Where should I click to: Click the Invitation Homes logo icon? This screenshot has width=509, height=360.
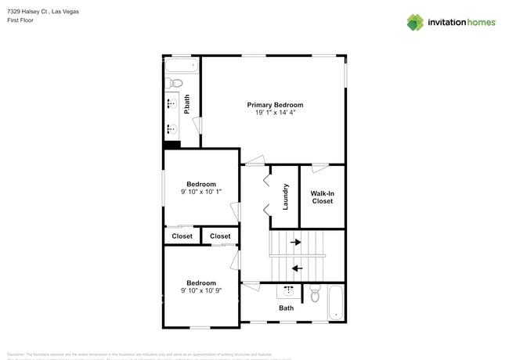[x=415, y=22]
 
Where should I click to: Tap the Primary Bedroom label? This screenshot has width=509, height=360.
[x=275, y=105]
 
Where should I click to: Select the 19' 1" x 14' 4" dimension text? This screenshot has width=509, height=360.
[x=275, y=113]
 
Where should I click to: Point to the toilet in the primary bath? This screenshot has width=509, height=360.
[x=174, y=83]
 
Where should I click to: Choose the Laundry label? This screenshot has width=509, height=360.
[x=286, y=196]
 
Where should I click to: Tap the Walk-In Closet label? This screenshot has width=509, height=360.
[x=322, y=196]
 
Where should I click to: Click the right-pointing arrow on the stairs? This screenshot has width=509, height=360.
[x=296, y=243]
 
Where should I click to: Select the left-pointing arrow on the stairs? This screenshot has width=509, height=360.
[x=297, y=268]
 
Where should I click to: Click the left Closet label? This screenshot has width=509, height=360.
[x=182, y=236]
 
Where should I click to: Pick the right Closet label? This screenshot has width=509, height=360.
[x=220, y=236]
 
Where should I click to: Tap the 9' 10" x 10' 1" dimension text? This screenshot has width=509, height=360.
[x=200, y=192]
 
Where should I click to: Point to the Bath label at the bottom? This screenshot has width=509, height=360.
[x=287, y=308]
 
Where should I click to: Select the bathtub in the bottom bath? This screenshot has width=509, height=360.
[x=335, y=302]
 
